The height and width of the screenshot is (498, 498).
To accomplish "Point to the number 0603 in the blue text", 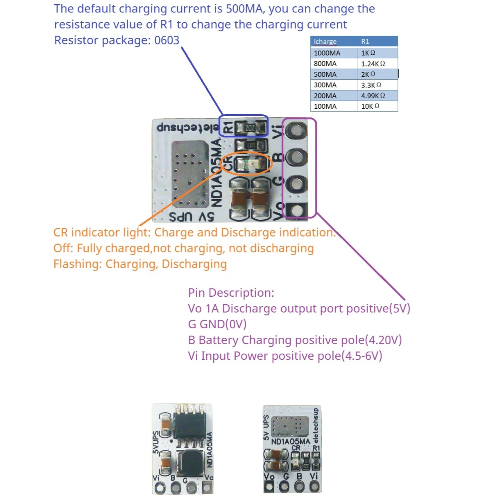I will (x=167, y=40).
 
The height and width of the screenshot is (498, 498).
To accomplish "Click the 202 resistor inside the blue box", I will (x=250, y=128).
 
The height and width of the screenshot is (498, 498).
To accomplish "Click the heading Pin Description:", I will (x=231, y=293).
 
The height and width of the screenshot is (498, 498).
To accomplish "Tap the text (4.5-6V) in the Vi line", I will (x=361, y=356).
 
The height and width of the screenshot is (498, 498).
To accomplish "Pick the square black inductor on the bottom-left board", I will (x=189, y=462).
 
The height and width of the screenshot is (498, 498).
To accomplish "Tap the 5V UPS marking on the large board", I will (x=191, y=217).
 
